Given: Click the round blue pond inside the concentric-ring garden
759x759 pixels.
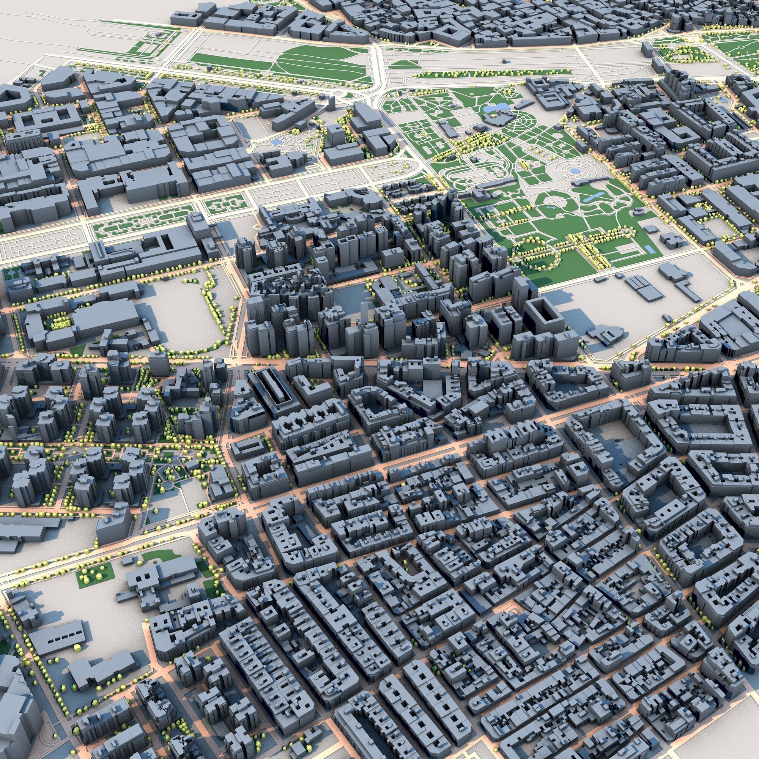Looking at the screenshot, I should click(x=574, y=170).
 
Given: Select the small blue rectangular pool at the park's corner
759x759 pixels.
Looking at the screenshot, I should click(x=650, y=249).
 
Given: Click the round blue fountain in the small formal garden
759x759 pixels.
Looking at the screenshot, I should click(x=276, y=141).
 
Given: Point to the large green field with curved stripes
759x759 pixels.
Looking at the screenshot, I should click(x=314, y=63).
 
